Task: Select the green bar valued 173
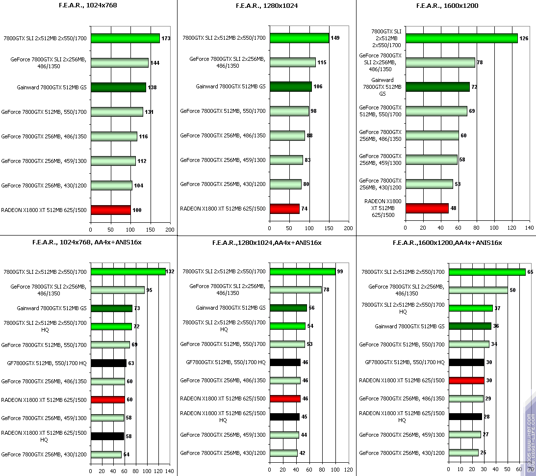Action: click(x=125, y=38)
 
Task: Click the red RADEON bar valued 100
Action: click(x=110, y=210)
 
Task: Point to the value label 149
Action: click(x=335, y=38)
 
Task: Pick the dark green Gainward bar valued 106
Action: click(x=290, y=86)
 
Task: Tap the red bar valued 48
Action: click(x=427, y=208)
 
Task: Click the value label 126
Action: click(x=524, y=38)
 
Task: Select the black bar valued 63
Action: click(x=108, y=363)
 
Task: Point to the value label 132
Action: click(x=170, y=271)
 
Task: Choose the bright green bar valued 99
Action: click(x=302, y=271)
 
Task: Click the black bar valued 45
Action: click(x=284, y=417)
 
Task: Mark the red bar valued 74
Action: click(x=284, y=209)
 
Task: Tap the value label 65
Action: click(x=530, y=271)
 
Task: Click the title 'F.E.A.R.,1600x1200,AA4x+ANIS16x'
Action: click(x=447, y=242)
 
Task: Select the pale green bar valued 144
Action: click(x=119, y=63)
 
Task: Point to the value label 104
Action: click(x=138, y=185)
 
